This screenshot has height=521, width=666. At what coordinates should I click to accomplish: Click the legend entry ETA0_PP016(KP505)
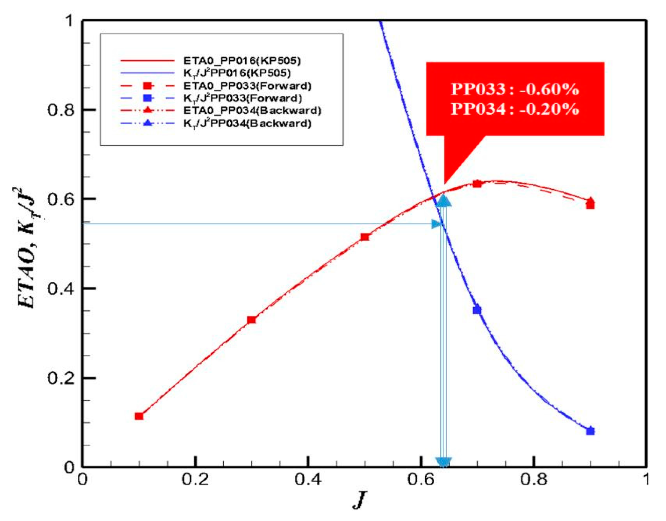(242, 61)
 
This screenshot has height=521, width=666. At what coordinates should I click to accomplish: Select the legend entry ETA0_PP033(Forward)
(247, 86)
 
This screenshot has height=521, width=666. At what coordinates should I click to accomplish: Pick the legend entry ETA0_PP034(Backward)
(252, 111)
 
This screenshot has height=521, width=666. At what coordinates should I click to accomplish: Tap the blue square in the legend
(148, 98)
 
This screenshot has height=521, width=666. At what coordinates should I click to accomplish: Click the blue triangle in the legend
(148, 123)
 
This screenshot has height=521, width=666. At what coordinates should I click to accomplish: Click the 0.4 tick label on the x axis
(308, 480)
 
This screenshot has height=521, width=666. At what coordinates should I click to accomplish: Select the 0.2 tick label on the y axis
(61, 378)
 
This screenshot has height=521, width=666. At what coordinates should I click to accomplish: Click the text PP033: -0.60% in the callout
(515, 89)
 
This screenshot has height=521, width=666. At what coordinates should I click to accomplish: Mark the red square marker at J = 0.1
(139, 416)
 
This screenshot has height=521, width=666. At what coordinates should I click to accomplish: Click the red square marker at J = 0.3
(251, 320)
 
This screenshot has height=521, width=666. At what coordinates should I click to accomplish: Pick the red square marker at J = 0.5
(365, 237)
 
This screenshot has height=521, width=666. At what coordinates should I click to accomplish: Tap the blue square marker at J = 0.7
(477, 310)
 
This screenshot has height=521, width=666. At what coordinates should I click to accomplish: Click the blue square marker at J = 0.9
(590, 431)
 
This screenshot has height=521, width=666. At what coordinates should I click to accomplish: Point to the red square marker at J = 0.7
(477, 184)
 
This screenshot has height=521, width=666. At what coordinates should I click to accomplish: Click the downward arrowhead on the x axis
(443, 462)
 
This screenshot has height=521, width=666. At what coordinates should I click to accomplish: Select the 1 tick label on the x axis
(646, 480)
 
